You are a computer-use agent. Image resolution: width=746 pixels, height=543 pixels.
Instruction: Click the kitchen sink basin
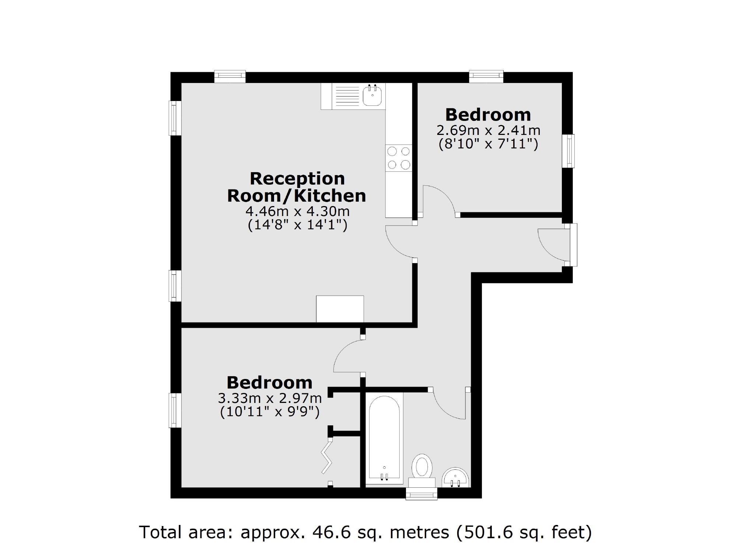[x=372, y=95]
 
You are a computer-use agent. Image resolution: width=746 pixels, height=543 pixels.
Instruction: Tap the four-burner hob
[x=399, y=158]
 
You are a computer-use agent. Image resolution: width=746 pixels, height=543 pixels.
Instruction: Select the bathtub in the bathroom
[x=384, y=439]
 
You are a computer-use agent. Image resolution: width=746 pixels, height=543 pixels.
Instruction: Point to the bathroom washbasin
[x=455, y=478]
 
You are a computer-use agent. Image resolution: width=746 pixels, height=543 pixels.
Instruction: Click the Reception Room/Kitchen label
[x=297, y=187]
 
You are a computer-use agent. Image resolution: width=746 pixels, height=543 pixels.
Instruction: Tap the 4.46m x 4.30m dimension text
[x=297, y=212]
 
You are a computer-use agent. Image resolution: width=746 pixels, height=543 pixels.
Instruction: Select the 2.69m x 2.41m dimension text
[x=488, y=130]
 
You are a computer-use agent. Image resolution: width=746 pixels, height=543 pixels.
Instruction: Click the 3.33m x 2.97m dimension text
[x=270, y=398]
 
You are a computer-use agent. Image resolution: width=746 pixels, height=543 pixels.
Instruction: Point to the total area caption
[x=365, y=532]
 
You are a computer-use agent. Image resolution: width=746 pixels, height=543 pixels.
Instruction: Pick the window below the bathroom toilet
[x=421, y=494]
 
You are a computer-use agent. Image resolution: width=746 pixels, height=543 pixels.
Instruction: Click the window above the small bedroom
[x=486, y=76]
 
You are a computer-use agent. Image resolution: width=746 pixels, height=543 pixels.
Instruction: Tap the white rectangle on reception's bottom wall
[x=340, y=309]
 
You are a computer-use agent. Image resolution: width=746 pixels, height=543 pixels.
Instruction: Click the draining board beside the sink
[x=345, y=96]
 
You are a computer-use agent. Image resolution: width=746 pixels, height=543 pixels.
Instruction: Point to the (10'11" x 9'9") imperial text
[x=270, y=412]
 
